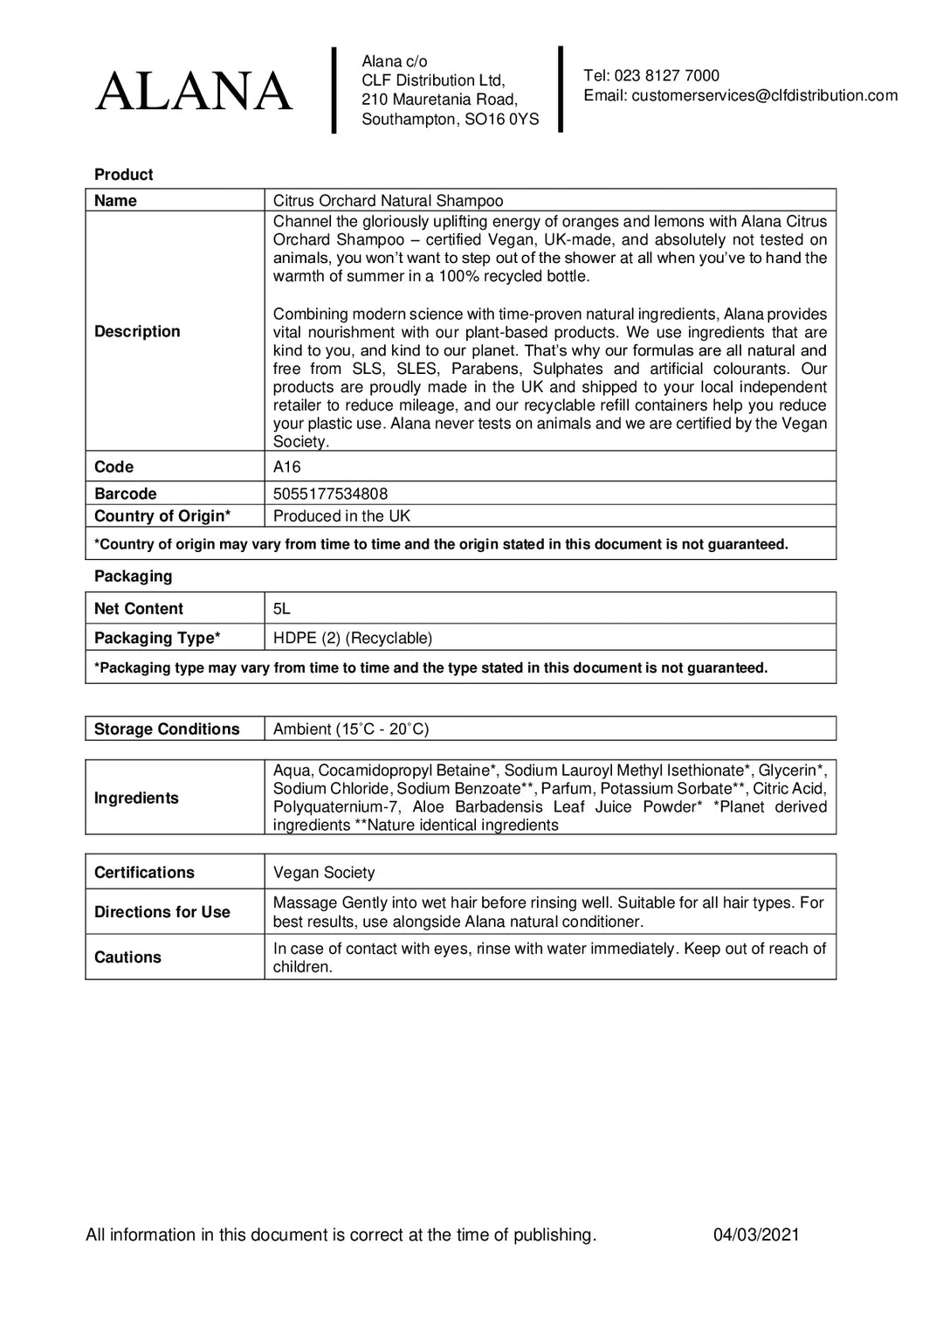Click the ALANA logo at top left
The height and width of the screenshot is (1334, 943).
click(x=194, y=92)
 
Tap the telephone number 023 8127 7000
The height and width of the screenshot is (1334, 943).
click(x=666, y=76)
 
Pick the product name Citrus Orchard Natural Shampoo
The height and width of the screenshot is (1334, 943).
click(x=388, y=201)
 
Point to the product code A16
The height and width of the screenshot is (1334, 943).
click(x=286, y=467)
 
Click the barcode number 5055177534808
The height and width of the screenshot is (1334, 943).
click(x=330, y=494)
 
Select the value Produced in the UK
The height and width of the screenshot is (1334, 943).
click(x=341, y=516)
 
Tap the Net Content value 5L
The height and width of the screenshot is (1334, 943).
click(x=281, y=609)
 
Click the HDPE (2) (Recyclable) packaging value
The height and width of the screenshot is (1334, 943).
click(x=352, y=638)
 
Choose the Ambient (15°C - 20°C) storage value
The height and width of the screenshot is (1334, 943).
click(x=351, y=729)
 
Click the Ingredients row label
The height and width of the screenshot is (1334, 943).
click(x=136, y=798)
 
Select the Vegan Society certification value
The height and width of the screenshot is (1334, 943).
click(x=323, y=872)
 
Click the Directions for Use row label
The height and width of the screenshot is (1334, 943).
click(x=162, y=912)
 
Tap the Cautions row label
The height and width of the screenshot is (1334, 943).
click(x=127, y=957)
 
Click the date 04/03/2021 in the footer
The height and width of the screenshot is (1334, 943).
click(x=755, y=1234)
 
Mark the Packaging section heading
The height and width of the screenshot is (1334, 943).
click(x=133, y=577)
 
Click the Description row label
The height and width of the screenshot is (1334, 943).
click(x=137, y=331)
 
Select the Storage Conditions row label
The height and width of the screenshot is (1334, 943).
click(x=166, y=729)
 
